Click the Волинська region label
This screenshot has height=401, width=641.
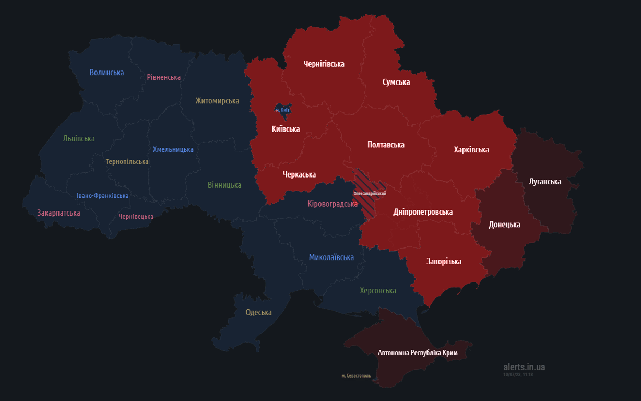click(x=106, y=73)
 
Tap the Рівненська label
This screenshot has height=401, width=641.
click(x=163, y=77)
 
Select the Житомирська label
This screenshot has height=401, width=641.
click(x=217, y=101)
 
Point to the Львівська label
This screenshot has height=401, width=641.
click(x=79, y=139)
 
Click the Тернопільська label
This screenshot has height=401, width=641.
click(x=127, y=162)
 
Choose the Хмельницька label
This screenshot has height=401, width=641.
click(x=173, y=149)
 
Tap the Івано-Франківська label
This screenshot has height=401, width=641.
click(x=102, y=196)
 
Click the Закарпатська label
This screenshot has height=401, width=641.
click(x=58, y=213)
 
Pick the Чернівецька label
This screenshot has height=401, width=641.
click(x=136, y=216)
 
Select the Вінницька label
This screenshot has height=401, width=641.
click(x=224, y=185)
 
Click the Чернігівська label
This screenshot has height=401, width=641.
click(x=324, y=64)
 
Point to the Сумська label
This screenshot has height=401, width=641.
click(x=396, y=82)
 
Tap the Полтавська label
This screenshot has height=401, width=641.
click(x=386, y=145)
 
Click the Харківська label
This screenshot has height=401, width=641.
click(x=471, y=150)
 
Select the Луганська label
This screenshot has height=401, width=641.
click(x=544, y=182)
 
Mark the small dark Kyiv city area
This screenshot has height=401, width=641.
click(x=282, y=109)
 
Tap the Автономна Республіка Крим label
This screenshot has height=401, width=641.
click(x=418, y=353)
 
